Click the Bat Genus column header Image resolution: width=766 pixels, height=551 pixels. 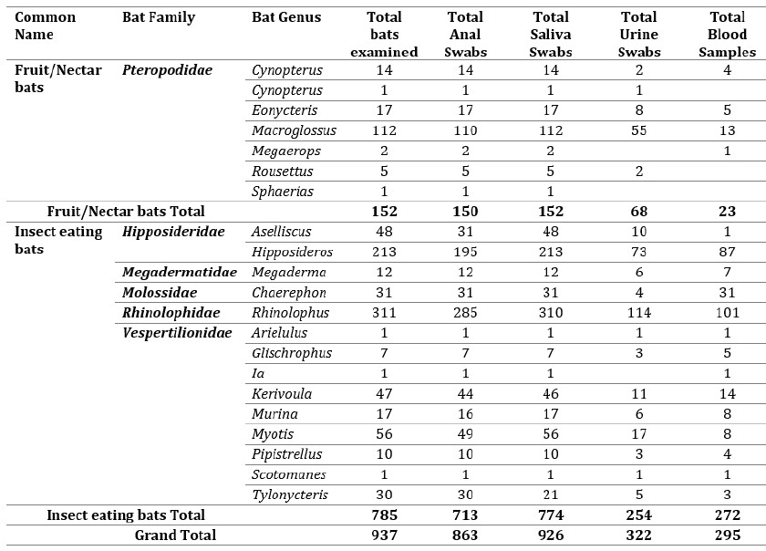pos(286,17)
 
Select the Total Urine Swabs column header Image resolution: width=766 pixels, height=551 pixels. pos(639,35)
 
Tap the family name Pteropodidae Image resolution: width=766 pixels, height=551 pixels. pos(167,70)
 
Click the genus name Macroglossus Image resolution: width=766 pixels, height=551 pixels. pos(294,130)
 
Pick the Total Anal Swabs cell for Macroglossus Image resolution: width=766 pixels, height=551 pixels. pos(465,130)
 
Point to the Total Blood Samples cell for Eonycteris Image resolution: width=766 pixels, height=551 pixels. pos(727,110)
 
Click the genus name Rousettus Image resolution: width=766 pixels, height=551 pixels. pos(283,172)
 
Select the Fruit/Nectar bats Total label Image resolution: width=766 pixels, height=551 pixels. pos(126,212)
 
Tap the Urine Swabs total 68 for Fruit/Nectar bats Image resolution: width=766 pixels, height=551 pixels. pos(639,212)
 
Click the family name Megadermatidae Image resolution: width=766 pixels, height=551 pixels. pos(180,273)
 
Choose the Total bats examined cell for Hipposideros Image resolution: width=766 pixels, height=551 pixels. pos(384,252)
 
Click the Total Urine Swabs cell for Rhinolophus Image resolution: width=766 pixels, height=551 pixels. pos(639,312)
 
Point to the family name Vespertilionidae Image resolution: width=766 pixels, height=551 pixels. pos(177,333)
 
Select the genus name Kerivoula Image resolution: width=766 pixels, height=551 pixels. pos(282,393)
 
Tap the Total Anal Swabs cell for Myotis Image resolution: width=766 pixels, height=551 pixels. pos(465,433)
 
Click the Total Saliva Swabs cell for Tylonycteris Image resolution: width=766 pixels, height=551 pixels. pos(551,494)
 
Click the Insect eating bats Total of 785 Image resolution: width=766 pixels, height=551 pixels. pos(384,515)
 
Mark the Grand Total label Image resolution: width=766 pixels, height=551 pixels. pos(175,535)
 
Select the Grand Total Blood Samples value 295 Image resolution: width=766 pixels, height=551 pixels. pos(727,535)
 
